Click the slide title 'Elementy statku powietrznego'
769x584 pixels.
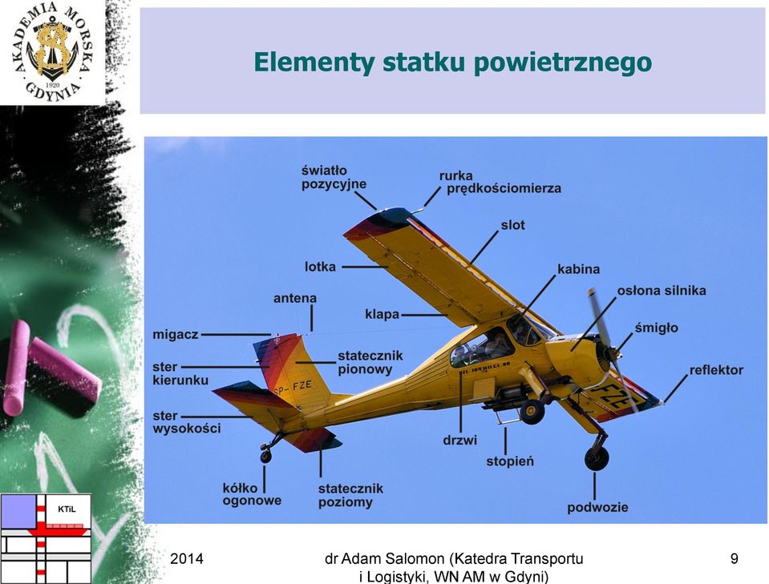[x=452, y=62]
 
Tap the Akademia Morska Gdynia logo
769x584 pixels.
[x=52, y=51]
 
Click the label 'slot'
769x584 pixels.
[x=512, y=225]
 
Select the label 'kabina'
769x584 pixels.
[x=579, y=269]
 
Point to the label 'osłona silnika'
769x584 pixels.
[x=662, y=291]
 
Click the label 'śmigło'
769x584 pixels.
[x=656, y=328]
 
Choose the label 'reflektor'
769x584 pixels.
[x=716, y=370]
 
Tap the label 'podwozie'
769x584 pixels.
[x=597, y=507]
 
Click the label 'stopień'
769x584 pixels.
[x=510, y=461]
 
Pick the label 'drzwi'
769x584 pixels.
[x=459, y=440]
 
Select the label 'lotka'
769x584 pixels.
[x=320, y=267]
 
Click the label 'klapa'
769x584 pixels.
[x=382, y=315]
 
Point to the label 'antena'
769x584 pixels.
[x=295, y=298]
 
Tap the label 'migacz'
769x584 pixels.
[x=176, y=335]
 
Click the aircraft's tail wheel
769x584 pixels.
[x=265, y=456]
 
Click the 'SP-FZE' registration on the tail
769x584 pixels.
[x=293, y=388]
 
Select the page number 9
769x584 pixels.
[x=735, y=558]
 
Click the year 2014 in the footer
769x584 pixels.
[x=186, y=558]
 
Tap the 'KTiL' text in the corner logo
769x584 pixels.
[x=67, y=509]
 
